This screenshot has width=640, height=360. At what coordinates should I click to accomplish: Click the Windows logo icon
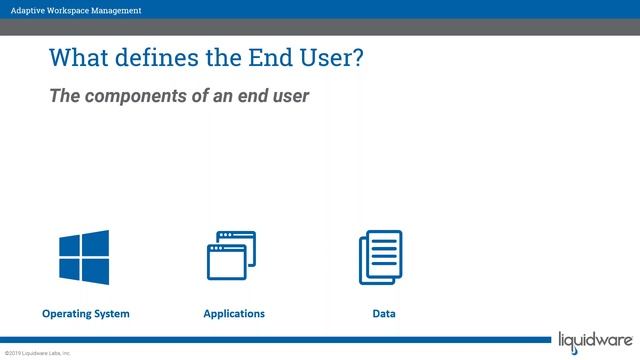pyautogui.click(x=84, y=257)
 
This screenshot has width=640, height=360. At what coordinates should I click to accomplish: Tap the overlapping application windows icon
pyautogui.click(x=231, y=256)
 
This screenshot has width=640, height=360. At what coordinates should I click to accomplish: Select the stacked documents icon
pyautogui.click(x=380, y=257)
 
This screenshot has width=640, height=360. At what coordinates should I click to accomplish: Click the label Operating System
pyautogui.click(x=86, y=314)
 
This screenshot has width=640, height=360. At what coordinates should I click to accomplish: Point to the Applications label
pyautogui.click(x=234, y=314)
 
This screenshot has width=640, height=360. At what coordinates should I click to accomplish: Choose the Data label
pyautogui.click(x=384, y=314)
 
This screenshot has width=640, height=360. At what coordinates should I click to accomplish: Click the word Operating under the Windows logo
pyautogui.click(x=64, y=314)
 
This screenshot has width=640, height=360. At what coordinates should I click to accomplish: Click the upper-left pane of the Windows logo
pyautogui.click(x=70, y=246)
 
